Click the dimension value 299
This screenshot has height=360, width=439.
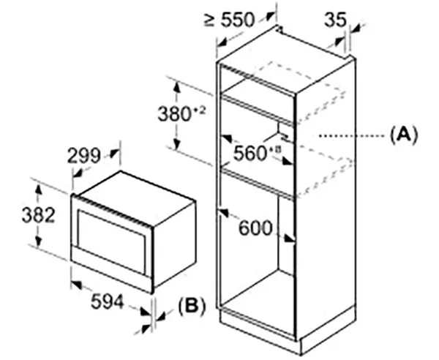(83, 155)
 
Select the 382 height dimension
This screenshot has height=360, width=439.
(38, 215)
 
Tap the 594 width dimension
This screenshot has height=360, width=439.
(108, 301)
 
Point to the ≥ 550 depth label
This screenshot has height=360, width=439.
(229, 20)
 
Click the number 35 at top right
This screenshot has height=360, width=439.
(335, 19)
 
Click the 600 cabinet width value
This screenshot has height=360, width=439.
(255, 228)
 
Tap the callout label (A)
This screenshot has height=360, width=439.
(404, 135)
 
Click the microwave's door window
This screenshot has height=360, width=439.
(112, 241)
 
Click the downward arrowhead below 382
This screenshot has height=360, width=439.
(38, 241)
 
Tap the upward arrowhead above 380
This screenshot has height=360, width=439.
(176, 89)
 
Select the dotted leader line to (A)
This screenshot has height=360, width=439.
(354, 136)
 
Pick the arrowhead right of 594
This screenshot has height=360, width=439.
(146, 312)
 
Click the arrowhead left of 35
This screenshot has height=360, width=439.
(339, 42)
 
